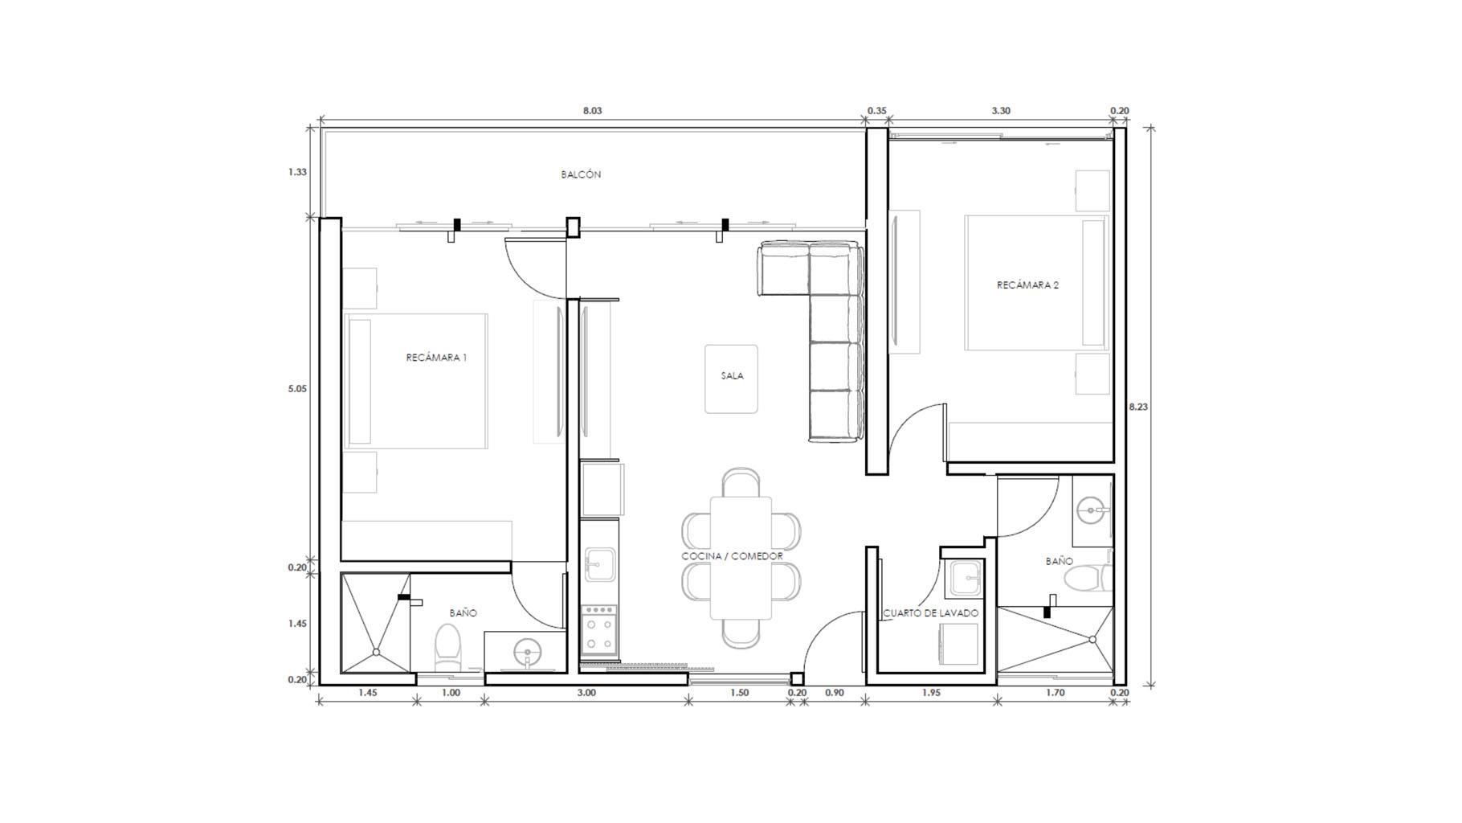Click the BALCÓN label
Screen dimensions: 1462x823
pyautogui.click(x=581, y=174)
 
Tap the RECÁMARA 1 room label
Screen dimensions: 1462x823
pyautogui.click(x=436, y=358)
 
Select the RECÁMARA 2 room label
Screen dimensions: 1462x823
pyautogui.click(x=1027, y=285)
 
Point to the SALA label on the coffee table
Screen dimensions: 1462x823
pyautogui.click(x=732, y=375)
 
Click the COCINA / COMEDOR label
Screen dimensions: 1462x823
pyautogui.click(x=732, y=556)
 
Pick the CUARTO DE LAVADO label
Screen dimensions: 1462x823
pyautogui.click(x=931, y=613)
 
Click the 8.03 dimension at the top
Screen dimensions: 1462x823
pyautogui.click(x=592, y=111)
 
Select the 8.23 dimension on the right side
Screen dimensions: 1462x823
pyautogui.click(x=1138, y=407)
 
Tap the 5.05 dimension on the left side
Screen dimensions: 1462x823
pyautogui.click(x=297, y=389)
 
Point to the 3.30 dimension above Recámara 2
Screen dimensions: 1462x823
pyautogui.click(x=1001, y=111)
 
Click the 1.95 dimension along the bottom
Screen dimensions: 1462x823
pyautogui.click(x=931, y=693)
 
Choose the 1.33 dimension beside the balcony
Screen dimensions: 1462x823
pyautogui.click(x=297, y=172)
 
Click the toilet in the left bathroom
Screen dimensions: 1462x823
pyautogui.click(x=448, y=648)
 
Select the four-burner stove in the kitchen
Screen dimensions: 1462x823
pyautogui.click(x=599, y=631)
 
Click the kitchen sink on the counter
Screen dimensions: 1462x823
pyautogui.click(x=598, y=564)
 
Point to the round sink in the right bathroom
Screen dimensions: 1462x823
pyautogui.click(x=1090, y=510)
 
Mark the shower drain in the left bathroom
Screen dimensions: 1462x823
pyautogui.click(x=376, y=653)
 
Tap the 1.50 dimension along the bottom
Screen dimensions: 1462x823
pyautogui.click(x=739, y=693)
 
